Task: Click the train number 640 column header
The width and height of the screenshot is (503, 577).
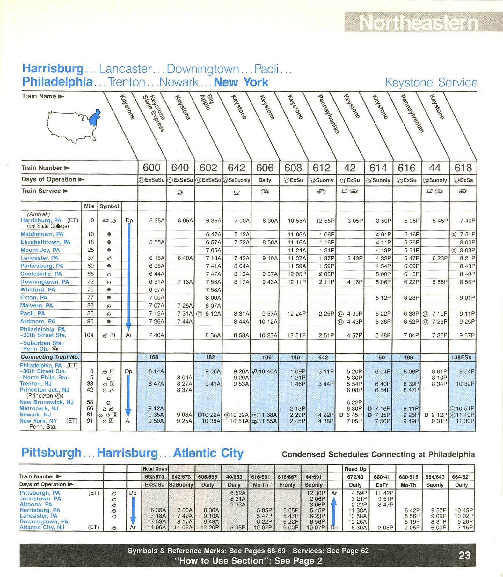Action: pos(180,168)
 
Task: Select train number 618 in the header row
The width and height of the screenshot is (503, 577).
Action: pos(463,168)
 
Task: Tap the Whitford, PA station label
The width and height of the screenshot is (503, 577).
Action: pos(38,289)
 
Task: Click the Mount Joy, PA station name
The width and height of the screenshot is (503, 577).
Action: pos(40,250)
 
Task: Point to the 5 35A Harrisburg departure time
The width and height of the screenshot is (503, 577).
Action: pos(157,221)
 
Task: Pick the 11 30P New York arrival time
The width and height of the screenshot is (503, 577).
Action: pos(465,421)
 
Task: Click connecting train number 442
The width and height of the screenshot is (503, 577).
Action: pos(323,357)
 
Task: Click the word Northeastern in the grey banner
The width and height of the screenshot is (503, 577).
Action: pos(419,23)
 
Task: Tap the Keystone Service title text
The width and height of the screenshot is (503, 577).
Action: pos(431,82)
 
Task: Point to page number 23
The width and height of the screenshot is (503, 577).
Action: pos(464,555)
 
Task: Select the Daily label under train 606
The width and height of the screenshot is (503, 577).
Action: pos(265,180)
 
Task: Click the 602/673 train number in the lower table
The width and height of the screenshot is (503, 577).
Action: pos(155,477)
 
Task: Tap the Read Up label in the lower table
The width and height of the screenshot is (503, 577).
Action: pos(355,469)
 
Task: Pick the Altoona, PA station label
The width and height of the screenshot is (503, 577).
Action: pos(36,504)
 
